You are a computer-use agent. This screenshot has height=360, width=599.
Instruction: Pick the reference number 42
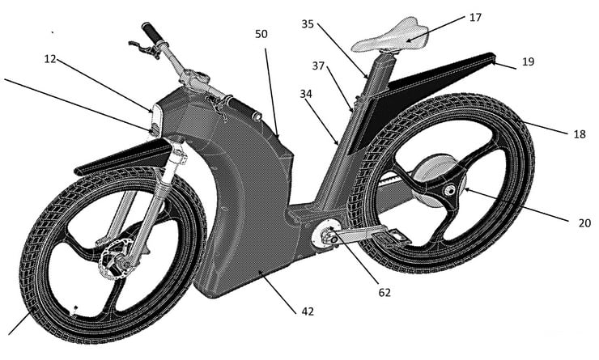click(308, 309)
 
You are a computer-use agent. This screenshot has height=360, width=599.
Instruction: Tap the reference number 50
click(261, 36)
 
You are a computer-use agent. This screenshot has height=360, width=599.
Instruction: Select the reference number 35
click(307, 24)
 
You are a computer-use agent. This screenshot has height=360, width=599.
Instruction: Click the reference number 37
click(319, 66)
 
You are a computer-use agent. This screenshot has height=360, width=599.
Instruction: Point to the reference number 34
click(306, 95)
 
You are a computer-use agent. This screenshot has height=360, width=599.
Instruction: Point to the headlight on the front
click(155, 121)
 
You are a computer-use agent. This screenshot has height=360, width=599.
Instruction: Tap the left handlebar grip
click(151, 33)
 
